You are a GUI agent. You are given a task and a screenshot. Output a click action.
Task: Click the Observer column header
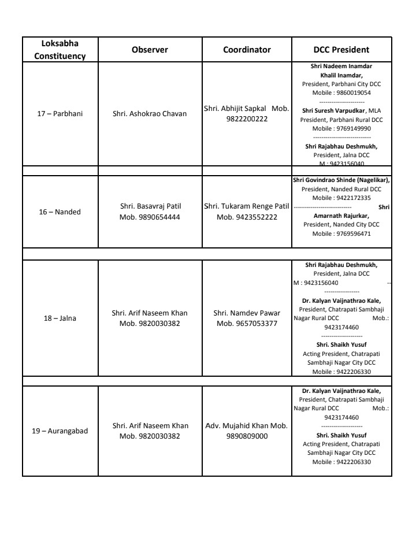point(150,50)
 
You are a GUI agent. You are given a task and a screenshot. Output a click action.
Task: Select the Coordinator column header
point(247,50)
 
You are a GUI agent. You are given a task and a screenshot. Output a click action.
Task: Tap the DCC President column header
point(341,50)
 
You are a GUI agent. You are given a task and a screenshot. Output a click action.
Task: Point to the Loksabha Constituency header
point(60,50)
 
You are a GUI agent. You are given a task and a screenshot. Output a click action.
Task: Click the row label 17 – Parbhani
point(60,113)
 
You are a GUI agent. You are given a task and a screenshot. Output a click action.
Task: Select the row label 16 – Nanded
point(60,212)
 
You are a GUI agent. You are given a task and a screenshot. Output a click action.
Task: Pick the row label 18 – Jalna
point(60,318)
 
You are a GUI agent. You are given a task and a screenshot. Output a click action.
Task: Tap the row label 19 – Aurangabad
point(60,431)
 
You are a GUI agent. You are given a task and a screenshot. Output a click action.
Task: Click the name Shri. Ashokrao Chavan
point(150,113)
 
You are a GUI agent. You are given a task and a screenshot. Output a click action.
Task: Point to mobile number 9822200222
point(247,118)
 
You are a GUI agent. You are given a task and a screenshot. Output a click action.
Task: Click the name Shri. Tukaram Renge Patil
point(247,206)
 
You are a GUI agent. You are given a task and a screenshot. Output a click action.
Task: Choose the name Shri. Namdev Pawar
point(247,313)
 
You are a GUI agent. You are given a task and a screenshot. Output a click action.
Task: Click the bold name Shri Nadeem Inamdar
point(341,68)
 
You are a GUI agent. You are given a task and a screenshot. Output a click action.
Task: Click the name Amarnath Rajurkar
point(341,216)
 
